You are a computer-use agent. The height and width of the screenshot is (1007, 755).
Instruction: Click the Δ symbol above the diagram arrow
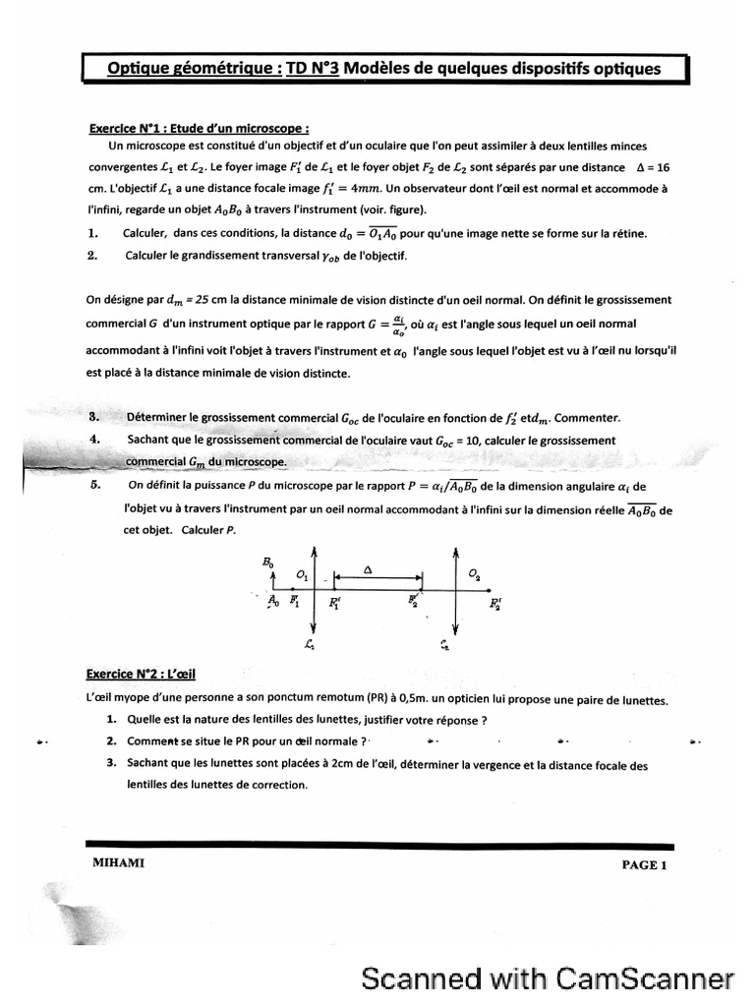(x=368, y=568)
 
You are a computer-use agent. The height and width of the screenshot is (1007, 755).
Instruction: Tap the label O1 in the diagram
(x=301, y=574)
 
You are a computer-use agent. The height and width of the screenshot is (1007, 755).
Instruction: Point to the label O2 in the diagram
(x=475, y=572)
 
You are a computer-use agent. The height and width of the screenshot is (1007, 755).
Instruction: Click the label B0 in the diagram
(x=268, y=562)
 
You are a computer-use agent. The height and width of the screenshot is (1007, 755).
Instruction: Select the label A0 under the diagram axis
(x=274, y=603)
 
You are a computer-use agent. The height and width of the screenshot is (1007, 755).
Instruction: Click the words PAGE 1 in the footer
(x=643, y=865)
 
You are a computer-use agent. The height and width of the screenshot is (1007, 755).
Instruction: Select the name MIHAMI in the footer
(x=112, y=863)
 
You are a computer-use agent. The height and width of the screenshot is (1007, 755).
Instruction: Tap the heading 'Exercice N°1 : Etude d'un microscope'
(x=200, y=128)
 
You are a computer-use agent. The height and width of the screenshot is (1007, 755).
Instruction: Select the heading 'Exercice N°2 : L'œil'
(x=141, y=674)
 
